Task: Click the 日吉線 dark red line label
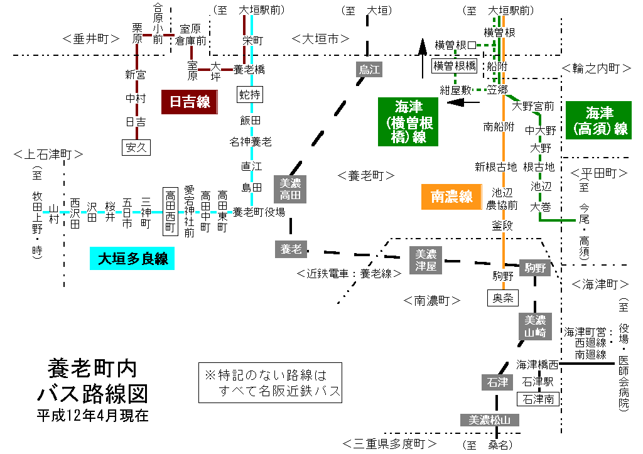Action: (190, 102)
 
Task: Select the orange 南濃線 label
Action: (451, 197)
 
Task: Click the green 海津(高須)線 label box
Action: (598, 121)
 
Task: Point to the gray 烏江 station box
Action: (370, 69)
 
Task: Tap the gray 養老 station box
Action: (291, 249)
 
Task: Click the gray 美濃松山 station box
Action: (490, 420)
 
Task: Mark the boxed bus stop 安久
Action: (136, 148)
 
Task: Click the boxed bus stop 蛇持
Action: (251, 95)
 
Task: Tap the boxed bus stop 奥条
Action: (503, 298)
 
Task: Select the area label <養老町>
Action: (365, 176)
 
